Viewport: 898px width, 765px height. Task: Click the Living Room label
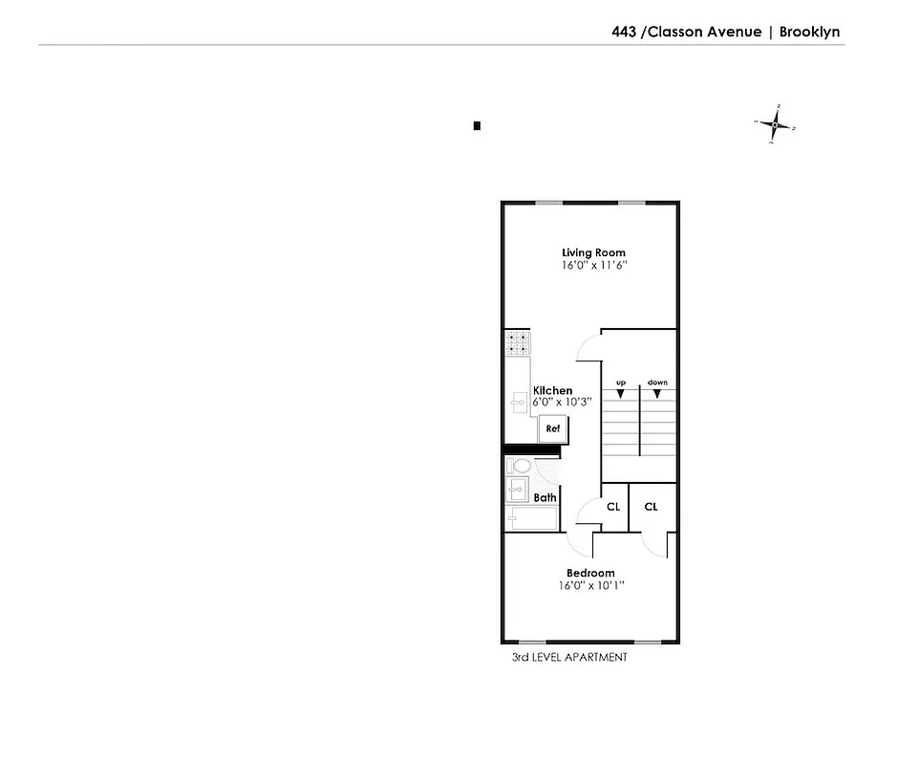(x=593, y=253)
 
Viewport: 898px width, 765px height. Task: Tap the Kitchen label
(x=552, y=390)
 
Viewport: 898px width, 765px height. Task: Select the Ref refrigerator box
(x=552, y=429)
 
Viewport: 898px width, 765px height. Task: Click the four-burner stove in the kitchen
(x=517, y=342)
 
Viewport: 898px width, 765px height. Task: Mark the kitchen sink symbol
(x=517, y=403)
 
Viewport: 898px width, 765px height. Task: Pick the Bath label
(x=545, y=497)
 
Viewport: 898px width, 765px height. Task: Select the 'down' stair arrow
(x=657, y=392)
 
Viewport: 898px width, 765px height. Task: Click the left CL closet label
(x=613, y=507)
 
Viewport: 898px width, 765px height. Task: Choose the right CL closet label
(x=651, y=507)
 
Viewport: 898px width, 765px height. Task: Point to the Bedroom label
(x=590, y=573)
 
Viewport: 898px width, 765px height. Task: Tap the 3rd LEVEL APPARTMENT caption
(x=569, y=658)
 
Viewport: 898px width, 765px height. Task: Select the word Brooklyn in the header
(x=809, y=32)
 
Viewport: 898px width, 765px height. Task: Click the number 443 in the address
(x=625, y=32)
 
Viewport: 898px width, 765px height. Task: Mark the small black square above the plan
(x=477, y=125)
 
